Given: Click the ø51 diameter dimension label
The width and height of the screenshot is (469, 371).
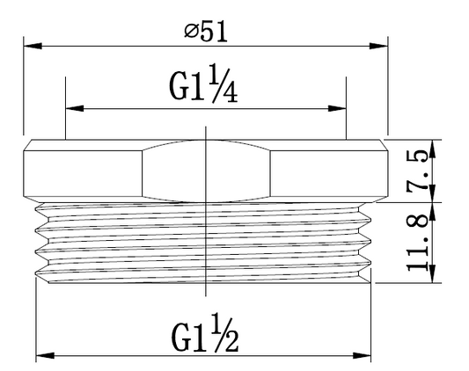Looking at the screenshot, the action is point(206,31).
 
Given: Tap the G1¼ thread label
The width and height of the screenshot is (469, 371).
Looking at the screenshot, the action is point(203,84).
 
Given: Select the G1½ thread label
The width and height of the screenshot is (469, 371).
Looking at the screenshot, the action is point(205,333).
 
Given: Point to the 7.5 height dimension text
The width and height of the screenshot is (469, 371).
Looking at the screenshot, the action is point(417,169).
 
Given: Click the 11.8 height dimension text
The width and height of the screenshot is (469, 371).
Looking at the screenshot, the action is point(418,242).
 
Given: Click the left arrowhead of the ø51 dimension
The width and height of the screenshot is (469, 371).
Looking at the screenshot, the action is point(33,46).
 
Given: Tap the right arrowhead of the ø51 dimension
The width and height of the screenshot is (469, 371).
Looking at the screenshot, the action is point(378,46).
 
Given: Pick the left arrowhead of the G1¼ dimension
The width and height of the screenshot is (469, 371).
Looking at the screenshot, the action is point(75,108).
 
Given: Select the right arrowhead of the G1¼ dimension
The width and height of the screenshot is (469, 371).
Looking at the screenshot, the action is point(337,108).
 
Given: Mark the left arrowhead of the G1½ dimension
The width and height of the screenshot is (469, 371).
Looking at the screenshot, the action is point(45,356).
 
